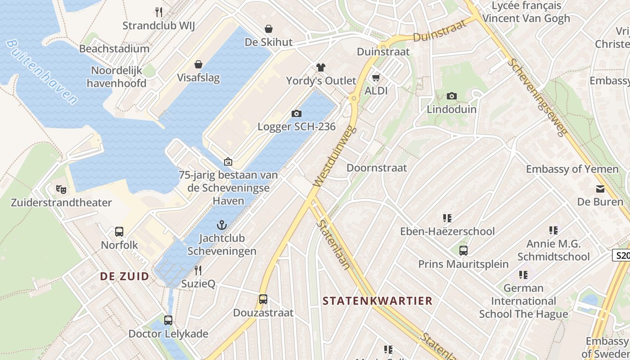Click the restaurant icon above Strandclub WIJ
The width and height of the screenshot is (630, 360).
[x=158, y=12]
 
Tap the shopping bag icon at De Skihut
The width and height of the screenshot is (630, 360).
[x=269, y=29]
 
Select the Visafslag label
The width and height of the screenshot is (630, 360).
[x=198, y=77]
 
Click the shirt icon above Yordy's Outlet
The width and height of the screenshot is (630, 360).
[x=320, y=67]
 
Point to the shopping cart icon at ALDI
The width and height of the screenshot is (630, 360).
[x=376, y=78]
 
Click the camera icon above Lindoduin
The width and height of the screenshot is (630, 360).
[x=452, y=96]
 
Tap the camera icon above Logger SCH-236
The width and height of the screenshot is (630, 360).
[x=296, y=113]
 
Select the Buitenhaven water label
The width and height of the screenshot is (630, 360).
[x=42, y=72]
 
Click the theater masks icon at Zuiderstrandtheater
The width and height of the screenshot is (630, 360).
[x=61, y=189]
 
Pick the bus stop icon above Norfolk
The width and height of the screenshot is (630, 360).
[x=119, y=232]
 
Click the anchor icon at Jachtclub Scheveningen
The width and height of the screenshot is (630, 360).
[x=221, y=225]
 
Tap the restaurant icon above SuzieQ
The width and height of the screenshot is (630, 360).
[x=198, y=270]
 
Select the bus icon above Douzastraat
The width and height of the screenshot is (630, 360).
[x=263, y=299]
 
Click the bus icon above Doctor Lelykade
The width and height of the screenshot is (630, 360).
[x=168, y=320]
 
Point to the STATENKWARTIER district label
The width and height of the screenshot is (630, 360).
[x=378, y=301]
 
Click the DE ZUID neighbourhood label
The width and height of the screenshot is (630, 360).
[x=124, y=276]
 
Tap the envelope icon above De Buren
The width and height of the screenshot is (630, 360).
[x=600, y=189]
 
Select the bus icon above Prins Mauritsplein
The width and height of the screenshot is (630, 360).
[x=463, y=251]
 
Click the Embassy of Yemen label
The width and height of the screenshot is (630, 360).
[x=572, y=169]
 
